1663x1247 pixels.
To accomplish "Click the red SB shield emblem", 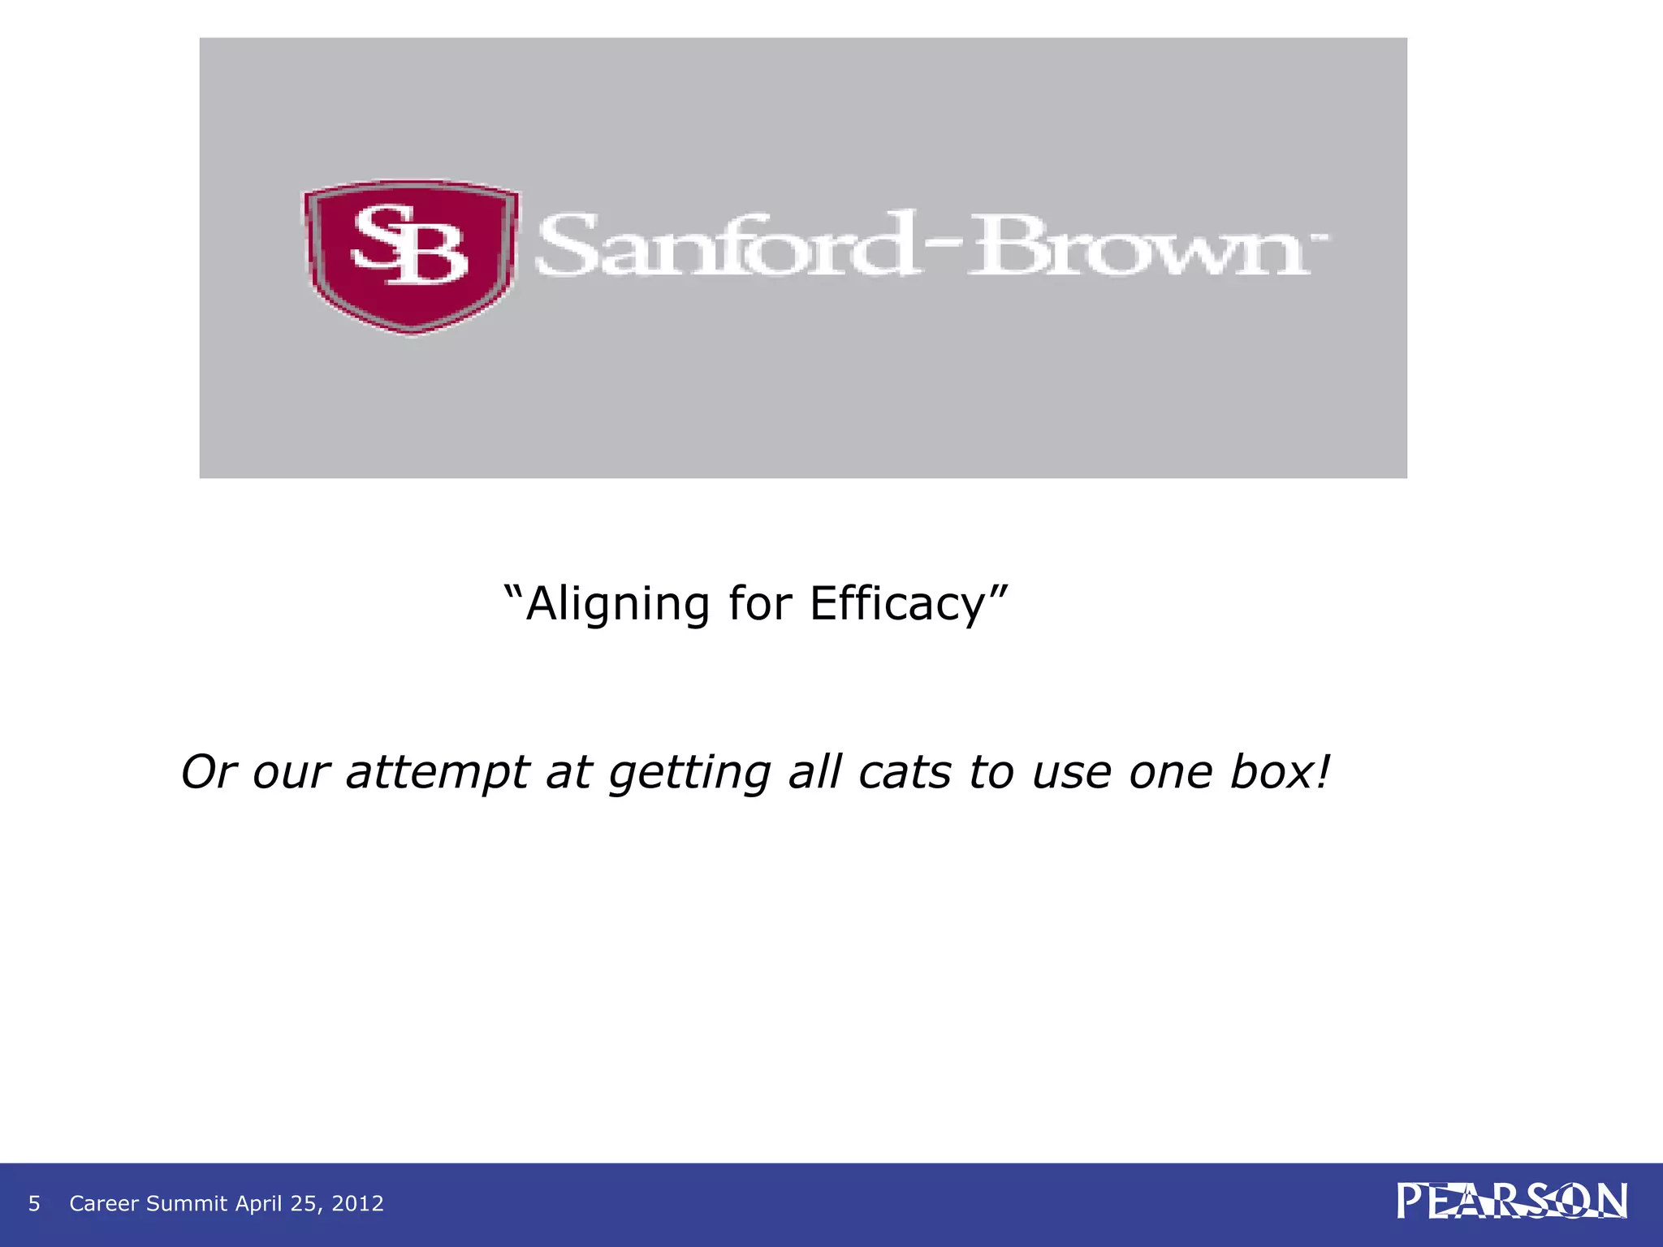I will pos(412,255).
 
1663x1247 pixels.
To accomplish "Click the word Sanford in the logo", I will pos(723,245).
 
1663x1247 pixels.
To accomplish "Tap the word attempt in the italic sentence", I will pos(438,772).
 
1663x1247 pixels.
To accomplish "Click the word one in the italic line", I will pos(1169,772).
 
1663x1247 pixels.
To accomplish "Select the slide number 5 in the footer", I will pos(34,1203).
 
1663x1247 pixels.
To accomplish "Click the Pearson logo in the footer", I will pos(1511,1202).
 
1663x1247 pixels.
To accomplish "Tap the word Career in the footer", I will pos(105,1203).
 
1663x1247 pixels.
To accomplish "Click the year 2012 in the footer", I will pos(357,1203).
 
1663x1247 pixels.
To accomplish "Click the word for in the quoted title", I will pos(760,604).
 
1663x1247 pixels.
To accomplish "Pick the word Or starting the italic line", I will pos(207,772).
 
